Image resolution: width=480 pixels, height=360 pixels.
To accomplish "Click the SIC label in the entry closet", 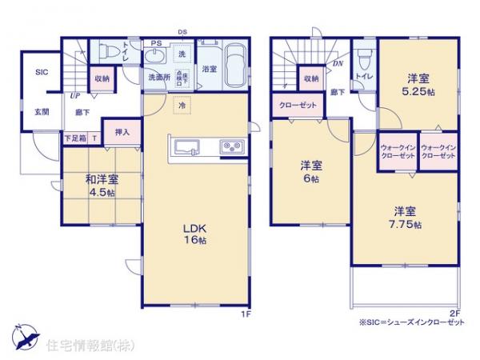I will tap(41, 71).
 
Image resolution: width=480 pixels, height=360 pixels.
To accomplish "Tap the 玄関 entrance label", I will tap(42, 112).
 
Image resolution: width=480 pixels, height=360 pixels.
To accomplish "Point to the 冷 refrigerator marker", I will tap(182, 105).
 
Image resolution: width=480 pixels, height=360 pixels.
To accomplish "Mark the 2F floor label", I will tap(454, 313).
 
